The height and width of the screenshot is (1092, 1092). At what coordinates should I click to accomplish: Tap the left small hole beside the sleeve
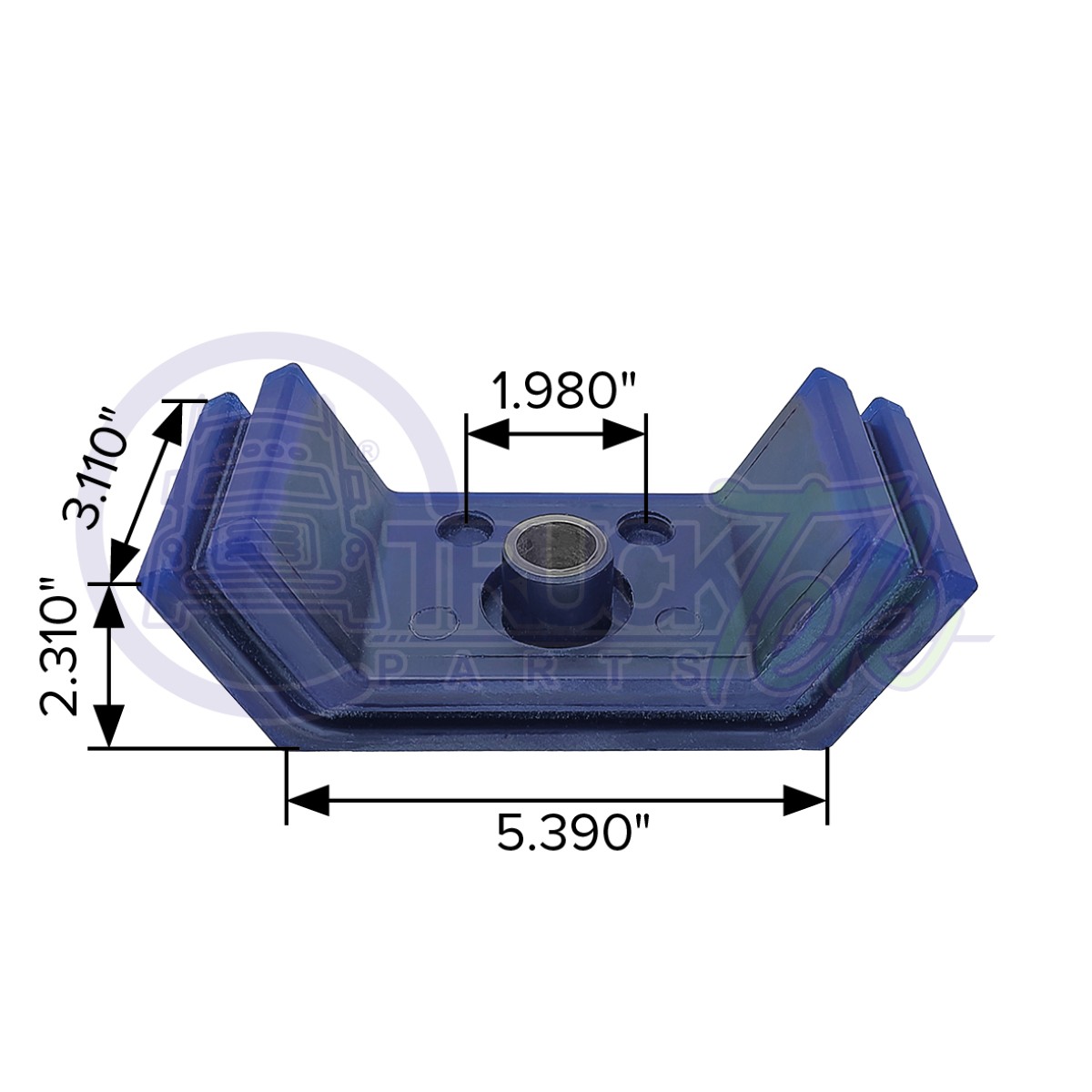click(465, 525)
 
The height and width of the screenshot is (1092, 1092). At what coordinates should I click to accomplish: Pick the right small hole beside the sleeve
click(644, 525)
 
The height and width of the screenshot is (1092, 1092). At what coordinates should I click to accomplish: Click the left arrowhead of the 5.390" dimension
click(306, 801)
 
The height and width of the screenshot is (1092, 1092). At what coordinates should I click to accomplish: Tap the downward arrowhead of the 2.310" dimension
click(109, 728)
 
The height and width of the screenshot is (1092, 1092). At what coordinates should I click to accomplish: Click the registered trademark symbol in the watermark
click(369, 449)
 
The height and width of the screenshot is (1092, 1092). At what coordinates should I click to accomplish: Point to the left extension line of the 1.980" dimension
click(466, 473)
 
